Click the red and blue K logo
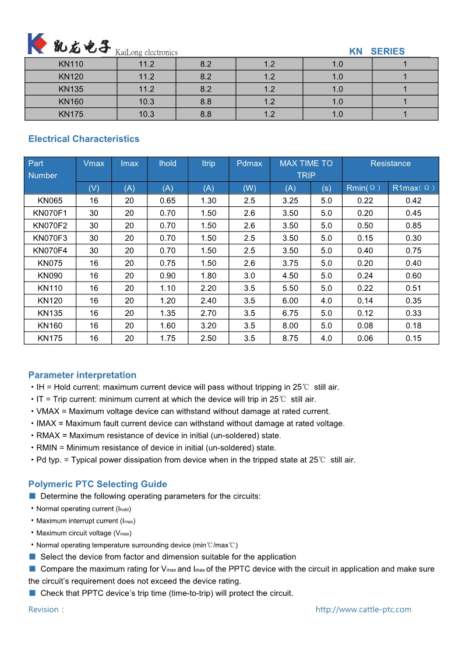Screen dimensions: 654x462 tap(37, 44)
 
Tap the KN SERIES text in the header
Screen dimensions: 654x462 tap(376, 51)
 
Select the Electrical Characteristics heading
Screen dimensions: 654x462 tap(84, 139)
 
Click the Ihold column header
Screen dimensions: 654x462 tap(167, 163)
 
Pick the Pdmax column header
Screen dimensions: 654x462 tap(249, 163)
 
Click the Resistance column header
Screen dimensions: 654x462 tap(390, 163)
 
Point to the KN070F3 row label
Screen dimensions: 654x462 tap(50, 238)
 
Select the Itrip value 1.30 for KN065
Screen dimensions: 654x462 tap(208, 201)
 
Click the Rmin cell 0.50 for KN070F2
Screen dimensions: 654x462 tap(365, 226)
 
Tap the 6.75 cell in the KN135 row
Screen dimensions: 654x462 tap(290, 313)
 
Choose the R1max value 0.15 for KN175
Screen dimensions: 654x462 tap(413, 338)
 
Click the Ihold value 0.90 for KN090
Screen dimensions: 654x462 tap(167, 276)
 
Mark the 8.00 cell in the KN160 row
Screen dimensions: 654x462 tap(290, 326)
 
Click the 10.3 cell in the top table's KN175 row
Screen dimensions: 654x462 tap(146, 114)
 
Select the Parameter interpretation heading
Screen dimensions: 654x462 tap(82, 375)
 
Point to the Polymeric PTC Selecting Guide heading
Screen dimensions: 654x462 tap(97, 484)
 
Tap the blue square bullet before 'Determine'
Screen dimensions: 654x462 tap(33, 496)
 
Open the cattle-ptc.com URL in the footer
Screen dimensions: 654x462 tap(363, 609)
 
